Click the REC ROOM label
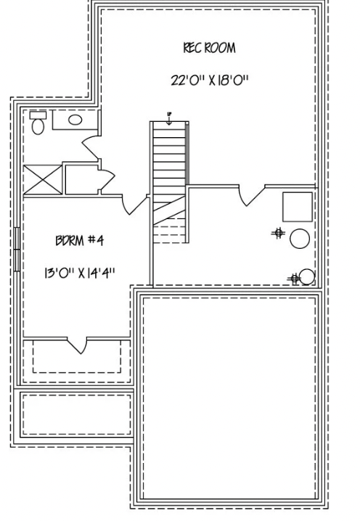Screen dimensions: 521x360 point(209,49)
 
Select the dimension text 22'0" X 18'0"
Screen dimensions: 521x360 point(209,80)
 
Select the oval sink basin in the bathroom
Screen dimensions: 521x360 point(75,120)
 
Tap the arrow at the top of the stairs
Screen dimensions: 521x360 point(169,117)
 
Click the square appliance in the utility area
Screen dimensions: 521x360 point(297,208)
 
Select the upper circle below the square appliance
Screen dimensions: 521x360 point(299,237)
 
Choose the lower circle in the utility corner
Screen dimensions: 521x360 point(307,276)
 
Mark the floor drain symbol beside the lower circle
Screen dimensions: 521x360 point(293,278)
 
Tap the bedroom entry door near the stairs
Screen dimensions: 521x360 point(135,204)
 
